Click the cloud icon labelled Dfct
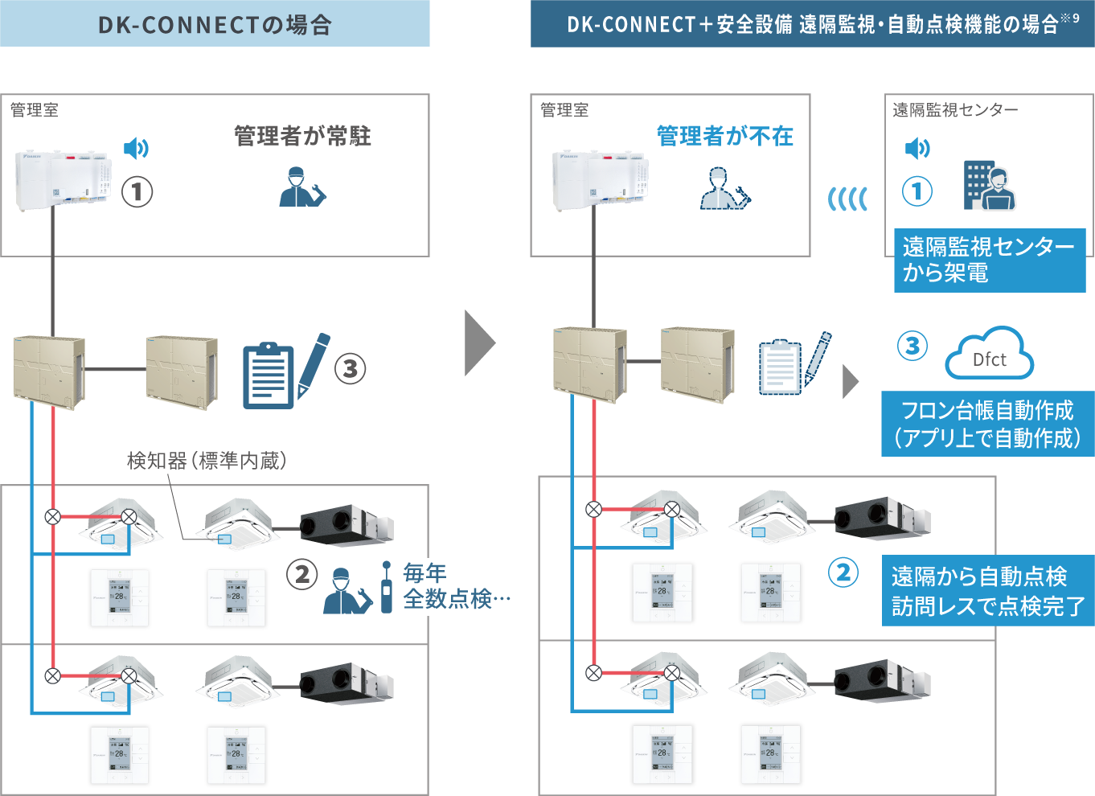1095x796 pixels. click(x=989, y=354)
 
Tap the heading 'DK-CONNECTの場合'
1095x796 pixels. click(x=215, y=25)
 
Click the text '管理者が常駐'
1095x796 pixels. click(x=302, y=136)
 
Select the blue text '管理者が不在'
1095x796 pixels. click(x=725, y=136)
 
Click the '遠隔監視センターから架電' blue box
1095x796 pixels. click(x=989, y=260)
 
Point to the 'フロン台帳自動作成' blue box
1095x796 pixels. click(x=987, y=424)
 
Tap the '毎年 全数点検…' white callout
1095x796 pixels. click(x=466, y=587)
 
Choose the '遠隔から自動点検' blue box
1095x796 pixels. click(x=988, y=590)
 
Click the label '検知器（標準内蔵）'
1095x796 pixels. click(x=207, y=461)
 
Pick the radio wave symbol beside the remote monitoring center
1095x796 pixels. click(x=848, y=199)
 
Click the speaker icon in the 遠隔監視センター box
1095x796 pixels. click(x=917, y=148)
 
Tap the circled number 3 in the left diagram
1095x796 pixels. click(x=350, y=369)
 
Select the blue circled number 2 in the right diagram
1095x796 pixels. click(x=843, y=572)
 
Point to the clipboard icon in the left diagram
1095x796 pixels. click(x=269, y=375)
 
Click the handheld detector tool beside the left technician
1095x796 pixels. click(x=387, y=588)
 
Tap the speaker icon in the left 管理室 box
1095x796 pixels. click(x=136, y=148)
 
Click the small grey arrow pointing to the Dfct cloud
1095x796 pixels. click(x=850, y=382)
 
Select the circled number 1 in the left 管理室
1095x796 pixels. click(x=137, y=191)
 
